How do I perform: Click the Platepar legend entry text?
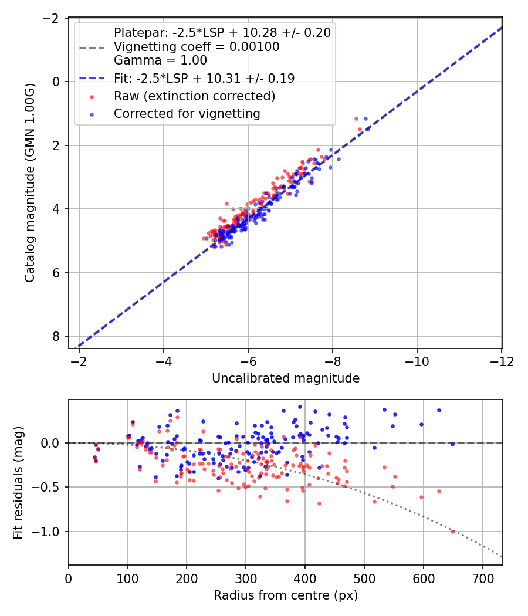222,33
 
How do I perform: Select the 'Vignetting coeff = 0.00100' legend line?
197,47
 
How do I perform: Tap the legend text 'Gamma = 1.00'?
160,60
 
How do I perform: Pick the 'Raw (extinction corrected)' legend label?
194,96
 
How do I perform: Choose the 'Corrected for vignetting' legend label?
187,114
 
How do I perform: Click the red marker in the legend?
92,97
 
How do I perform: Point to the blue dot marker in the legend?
92,114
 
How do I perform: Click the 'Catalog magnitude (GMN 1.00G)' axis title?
30,182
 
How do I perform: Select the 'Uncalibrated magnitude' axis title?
286,378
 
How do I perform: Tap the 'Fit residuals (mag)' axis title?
18,483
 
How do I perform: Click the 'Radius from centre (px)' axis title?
286,595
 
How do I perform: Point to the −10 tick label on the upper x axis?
417,362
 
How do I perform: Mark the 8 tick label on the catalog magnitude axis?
55,337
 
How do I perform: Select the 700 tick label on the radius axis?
483,579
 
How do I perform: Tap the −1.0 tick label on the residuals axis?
46,532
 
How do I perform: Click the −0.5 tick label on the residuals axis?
46,488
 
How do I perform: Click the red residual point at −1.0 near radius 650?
452,532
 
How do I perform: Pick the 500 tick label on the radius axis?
364,579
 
